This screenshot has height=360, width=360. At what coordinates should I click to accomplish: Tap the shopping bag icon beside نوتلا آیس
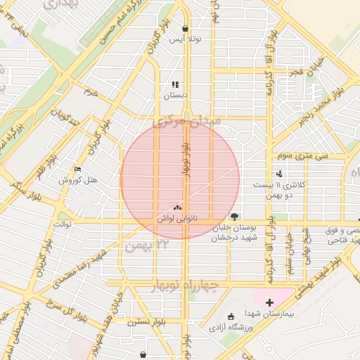[185, 29]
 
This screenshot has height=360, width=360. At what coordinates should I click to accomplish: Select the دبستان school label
[176, 94]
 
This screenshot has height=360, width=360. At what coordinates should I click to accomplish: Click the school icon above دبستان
[175, 84]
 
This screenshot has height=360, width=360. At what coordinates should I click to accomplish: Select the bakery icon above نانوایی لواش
[176, 207]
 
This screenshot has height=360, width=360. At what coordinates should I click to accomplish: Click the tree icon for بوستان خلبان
[234, 217]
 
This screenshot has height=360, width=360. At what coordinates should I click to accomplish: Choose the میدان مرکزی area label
[186, 122]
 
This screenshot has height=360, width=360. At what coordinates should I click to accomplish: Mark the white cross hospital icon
[269, 302]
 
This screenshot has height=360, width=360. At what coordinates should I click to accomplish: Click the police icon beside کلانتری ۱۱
[280, 173]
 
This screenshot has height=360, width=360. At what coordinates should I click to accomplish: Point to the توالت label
[63, 224]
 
